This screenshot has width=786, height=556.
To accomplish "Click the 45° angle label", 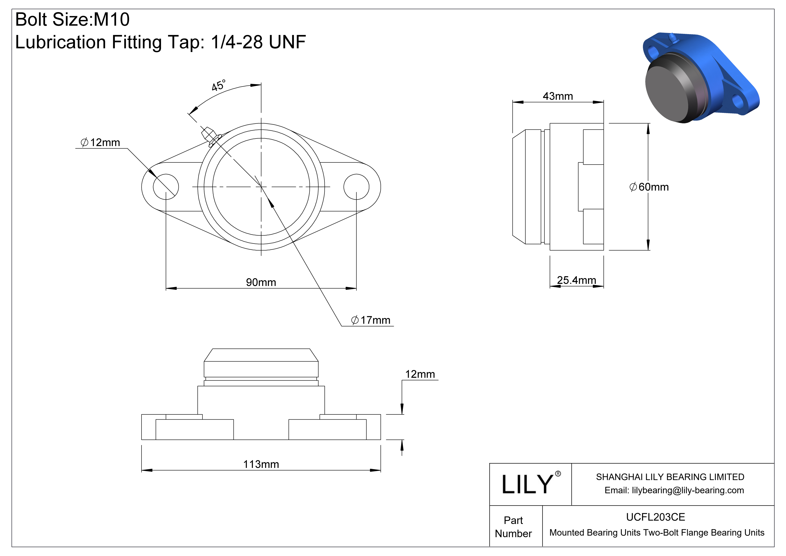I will coord(218,85).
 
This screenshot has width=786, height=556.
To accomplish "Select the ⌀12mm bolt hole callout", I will coord(100,142).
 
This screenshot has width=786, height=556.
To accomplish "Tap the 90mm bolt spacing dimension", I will coord(261,282).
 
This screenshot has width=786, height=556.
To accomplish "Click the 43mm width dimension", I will coord(558,96).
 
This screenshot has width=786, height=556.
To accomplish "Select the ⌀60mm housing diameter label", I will coord(649,187).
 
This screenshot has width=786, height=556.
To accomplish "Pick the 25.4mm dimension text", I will coord(576,280).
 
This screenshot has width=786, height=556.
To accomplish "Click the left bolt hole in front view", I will coord(166,187).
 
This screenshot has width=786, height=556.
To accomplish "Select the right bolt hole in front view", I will coord(356,187).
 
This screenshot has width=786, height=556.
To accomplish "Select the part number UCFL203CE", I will coord(655,517).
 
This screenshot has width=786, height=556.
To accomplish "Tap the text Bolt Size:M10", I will coord(73,19).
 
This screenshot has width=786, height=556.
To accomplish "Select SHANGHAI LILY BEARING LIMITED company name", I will coord(670,477).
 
